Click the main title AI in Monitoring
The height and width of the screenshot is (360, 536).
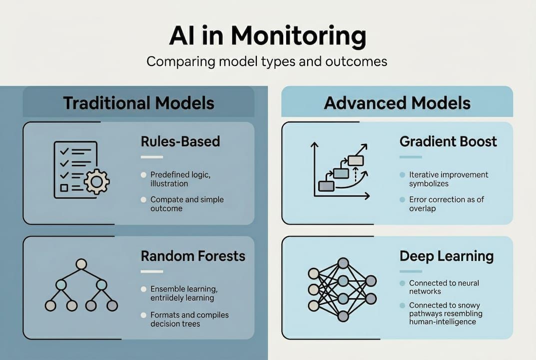268,36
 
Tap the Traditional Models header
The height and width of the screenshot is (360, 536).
138,103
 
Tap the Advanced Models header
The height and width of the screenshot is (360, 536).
397,103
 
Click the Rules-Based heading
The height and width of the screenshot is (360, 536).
180,141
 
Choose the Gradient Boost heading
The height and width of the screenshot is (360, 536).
448,141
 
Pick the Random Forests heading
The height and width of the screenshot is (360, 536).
193,256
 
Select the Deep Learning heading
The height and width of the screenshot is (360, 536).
446,256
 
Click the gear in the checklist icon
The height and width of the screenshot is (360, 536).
96,180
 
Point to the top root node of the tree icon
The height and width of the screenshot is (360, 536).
81,264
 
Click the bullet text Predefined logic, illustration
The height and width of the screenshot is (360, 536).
180,179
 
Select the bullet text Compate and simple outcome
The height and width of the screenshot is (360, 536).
187,203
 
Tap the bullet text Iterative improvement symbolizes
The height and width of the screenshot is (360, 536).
448,179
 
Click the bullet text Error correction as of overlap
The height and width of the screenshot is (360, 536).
446,203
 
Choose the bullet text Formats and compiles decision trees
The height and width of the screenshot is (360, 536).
189,319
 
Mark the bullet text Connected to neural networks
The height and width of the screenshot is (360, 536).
444,287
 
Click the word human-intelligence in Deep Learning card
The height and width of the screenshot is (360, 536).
442,321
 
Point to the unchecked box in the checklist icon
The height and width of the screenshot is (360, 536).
64,188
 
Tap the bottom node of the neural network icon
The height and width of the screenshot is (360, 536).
343,316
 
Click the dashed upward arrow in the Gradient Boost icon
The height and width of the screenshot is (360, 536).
355,174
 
